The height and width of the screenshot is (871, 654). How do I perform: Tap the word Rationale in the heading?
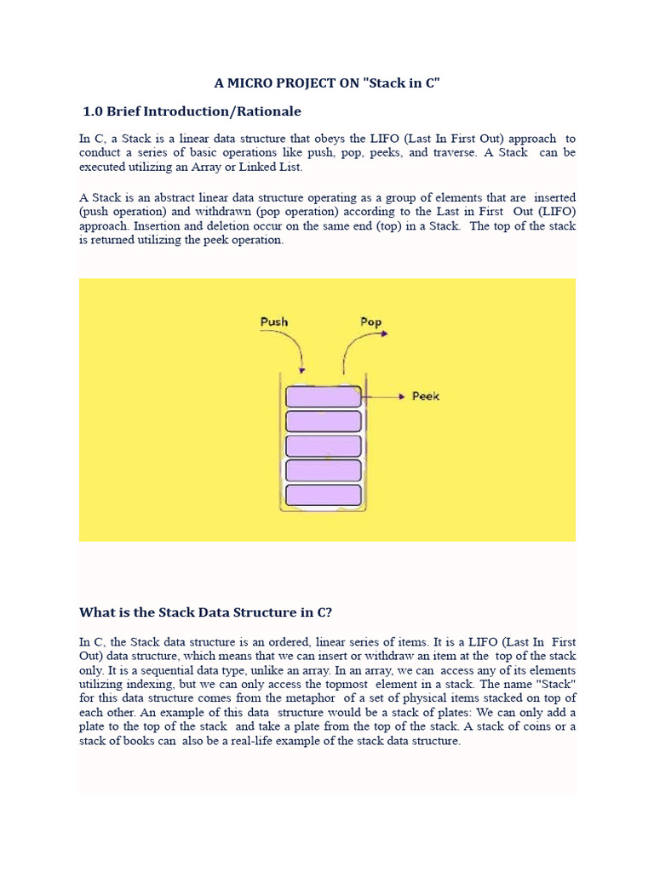coord(268,111)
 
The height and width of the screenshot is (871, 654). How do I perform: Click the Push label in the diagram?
coord(273,322)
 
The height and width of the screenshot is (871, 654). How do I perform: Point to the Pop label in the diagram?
coord(370,322)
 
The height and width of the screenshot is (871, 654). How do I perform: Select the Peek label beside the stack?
coord(426,396)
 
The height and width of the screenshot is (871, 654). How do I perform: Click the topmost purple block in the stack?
coord(323,396)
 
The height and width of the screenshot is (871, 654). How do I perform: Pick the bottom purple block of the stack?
coord(323,495)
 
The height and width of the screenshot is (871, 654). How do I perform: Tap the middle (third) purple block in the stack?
coord(323,446)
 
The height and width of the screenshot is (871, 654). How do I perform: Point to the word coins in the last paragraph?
coord(542,726)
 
